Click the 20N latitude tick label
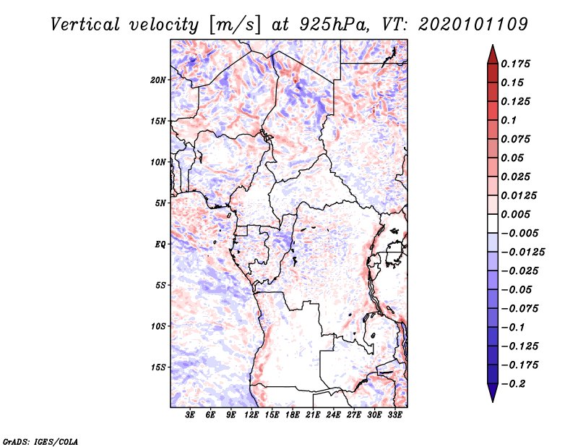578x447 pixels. pyautogui.click(x=159, y=80)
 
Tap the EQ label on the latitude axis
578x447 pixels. pyautogui.click(x=160, y=244)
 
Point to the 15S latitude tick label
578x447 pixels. pyautogui.click(x=159, y=367)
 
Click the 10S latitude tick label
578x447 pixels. pyautogui.click(x=159, y=326)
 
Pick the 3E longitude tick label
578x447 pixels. pyautogui.click(x=191, y=416)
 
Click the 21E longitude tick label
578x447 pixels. pyautogui.click(x=313, y=416)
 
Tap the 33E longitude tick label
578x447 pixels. pyautogui.click(x=394, y=416)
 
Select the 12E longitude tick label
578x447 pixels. pyautogui.click(x=251, y=416)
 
